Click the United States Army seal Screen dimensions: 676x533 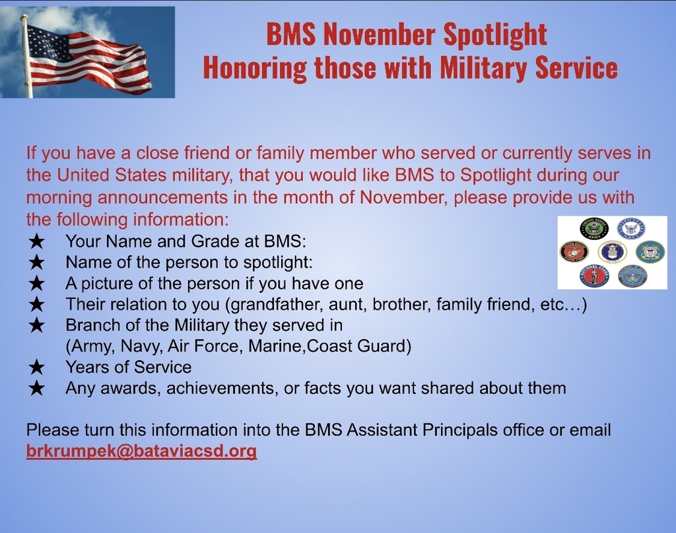593,229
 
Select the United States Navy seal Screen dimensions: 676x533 630,229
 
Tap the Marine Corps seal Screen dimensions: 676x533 574,251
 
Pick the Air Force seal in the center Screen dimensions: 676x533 612,251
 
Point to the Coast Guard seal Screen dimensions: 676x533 650,251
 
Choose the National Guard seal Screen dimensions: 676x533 594,276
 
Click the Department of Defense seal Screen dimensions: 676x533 632,276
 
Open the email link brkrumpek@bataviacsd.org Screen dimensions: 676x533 141,451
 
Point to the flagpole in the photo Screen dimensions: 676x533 26,56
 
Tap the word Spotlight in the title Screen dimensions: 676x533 495,34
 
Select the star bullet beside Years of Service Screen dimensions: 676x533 37,367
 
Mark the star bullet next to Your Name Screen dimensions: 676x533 37,241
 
